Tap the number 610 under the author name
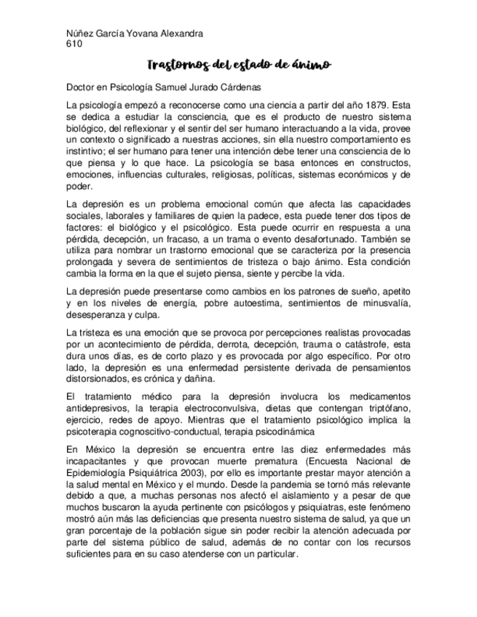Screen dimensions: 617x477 pos(74,44)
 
